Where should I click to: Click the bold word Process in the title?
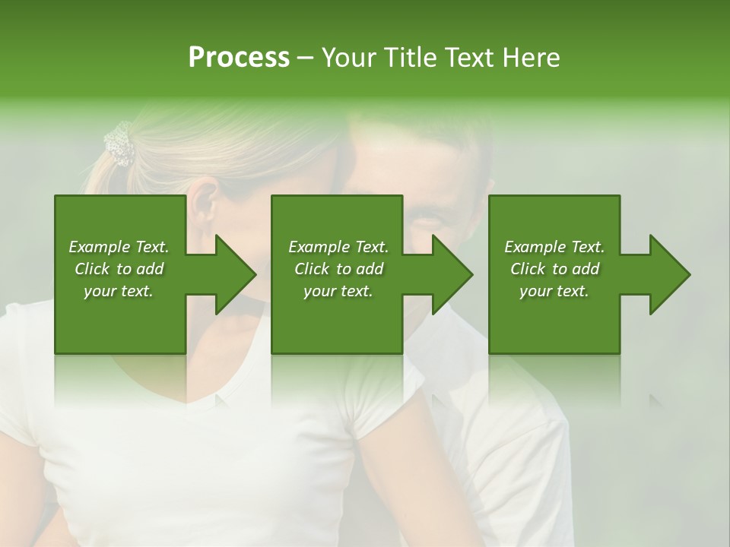coord(239,58)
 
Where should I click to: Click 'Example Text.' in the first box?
coord(119,247)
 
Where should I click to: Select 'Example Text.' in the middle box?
coord(338,247)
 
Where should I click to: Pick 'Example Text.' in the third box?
coord(554,247)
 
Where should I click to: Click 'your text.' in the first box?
coord(119,291)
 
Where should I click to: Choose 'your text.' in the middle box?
coord(338,291)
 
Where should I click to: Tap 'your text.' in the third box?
coord(554,291)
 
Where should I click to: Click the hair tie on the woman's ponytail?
coord(119,144)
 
